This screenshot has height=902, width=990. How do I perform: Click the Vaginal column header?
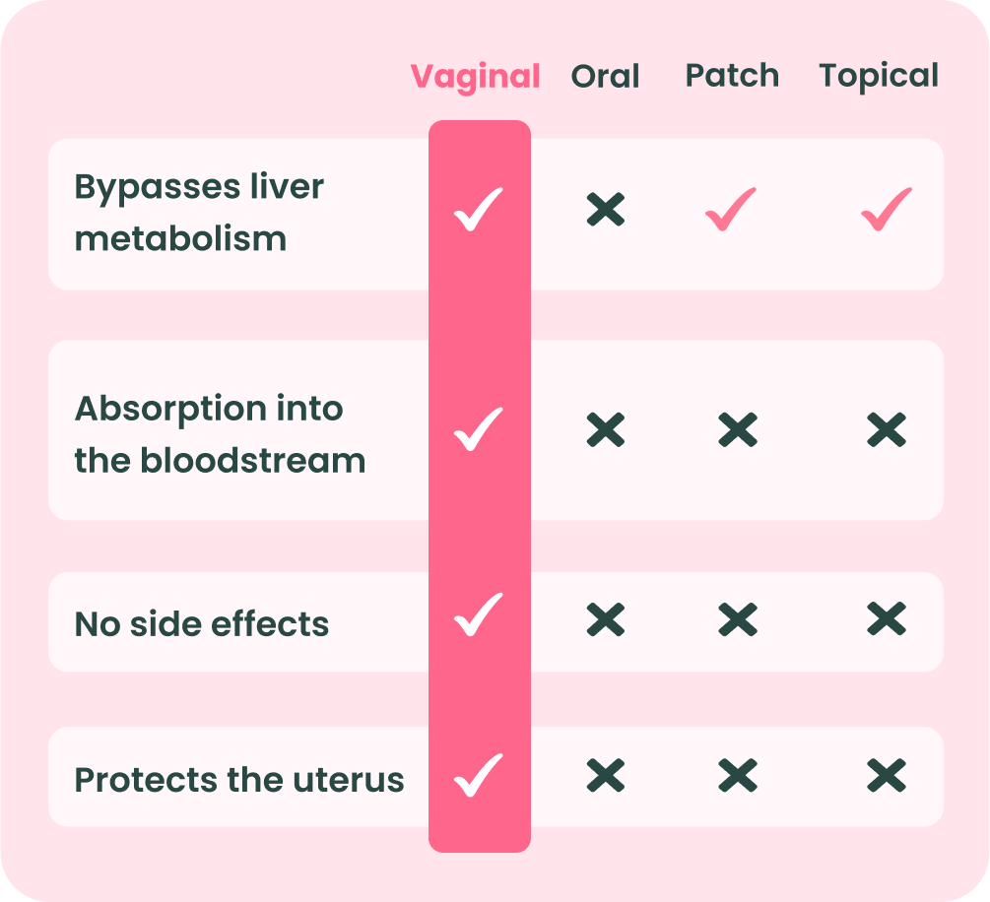[475, 78]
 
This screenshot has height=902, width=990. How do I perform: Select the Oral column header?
[605, 76]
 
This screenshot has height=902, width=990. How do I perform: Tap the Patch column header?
[732, 75]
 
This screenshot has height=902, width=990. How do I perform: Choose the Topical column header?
[879, 77]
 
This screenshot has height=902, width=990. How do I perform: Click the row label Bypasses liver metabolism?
[200, 213]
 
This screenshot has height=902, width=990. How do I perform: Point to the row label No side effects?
[201, 623]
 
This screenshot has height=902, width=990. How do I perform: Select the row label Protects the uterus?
[239, 779]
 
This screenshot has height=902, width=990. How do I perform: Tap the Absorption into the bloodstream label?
[220, 434]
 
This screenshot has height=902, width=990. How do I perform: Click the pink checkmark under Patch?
[731, 210]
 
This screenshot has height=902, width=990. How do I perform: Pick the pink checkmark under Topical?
[887, 210]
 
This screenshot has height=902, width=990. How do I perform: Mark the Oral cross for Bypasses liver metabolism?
[606, 210]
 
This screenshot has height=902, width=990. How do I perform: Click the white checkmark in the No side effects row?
[479, 614]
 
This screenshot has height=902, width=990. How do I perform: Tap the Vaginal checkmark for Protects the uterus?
[479, 776]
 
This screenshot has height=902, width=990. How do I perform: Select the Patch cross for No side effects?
[738, 618]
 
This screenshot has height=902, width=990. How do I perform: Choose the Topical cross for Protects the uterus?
[887, 775]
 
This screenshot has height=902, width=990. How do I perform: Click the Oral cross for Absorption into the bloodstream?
[606, 430]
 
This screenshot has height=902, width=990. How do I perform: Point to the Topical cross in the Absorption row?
[887, 430]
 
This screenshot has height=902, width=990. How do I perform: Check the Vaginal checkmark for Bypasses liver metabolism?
[479, 210]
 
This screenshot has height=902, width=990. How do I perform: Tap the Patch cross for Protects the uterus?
[738, 775]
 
